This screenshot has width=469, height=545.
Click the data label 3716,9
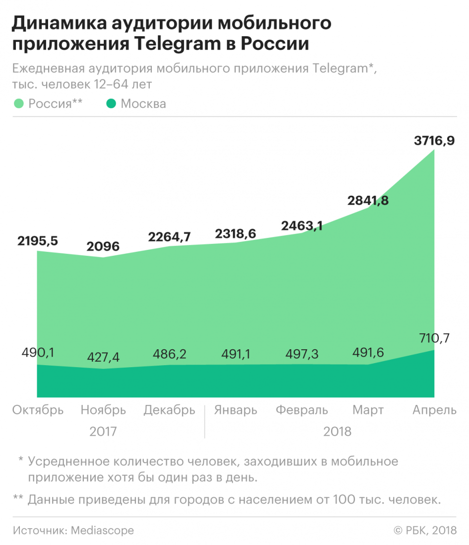tap(434, 141)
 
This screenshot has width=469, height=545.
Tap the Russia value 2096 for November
tap(103, 246)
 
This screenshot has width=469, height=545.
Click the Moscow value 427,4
tap(103, 357)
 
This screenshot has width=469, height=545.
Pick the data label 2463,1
tap(302, 226)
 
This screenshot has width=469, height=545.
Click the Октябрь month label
tap(38, 410)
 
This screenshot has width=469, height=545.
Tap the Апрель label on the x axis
tap(435, 410)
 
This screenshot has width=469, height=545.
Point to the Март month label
tap(368, 410)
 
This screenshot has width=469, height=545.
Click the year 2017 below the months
tap(103, 431)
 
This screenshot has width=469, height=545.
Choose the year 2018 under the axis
tap(337, 431)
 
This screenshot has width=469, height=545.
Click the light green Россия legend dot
tap(18, 104)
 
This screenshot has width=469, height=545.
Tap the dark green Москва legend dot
tap(111, 104)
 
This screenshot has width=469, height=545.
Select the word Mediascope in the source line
tap(102, 530)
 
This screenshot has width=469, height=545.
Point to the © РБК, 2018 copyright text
tap(425, 530)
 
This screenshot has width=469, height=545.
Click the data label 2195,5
tap(37, 240)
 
